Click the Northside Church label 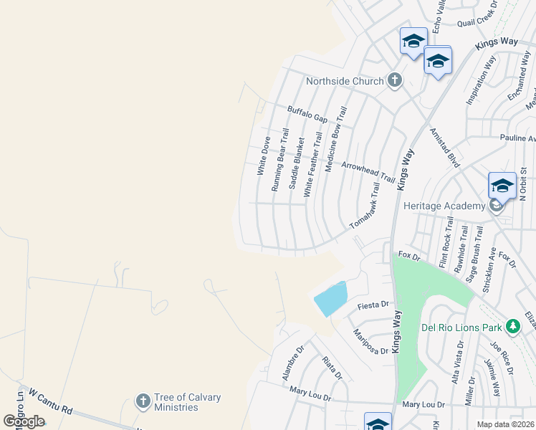pos(345,81)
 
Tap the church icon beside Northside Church pos(394,81)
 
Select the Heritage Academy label pos(444,206)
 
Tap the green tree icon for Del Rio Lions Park pos(512,327)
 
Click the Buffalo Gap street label pos(307,114)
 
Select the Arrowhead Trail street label pos(368,171)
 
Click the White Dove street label pos(264,156)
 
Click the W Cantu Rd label pos(51,401)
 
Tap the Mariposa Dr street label pos(370,341)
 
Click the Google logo pos(24,421)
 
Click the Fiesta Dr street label pos(372,306)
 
